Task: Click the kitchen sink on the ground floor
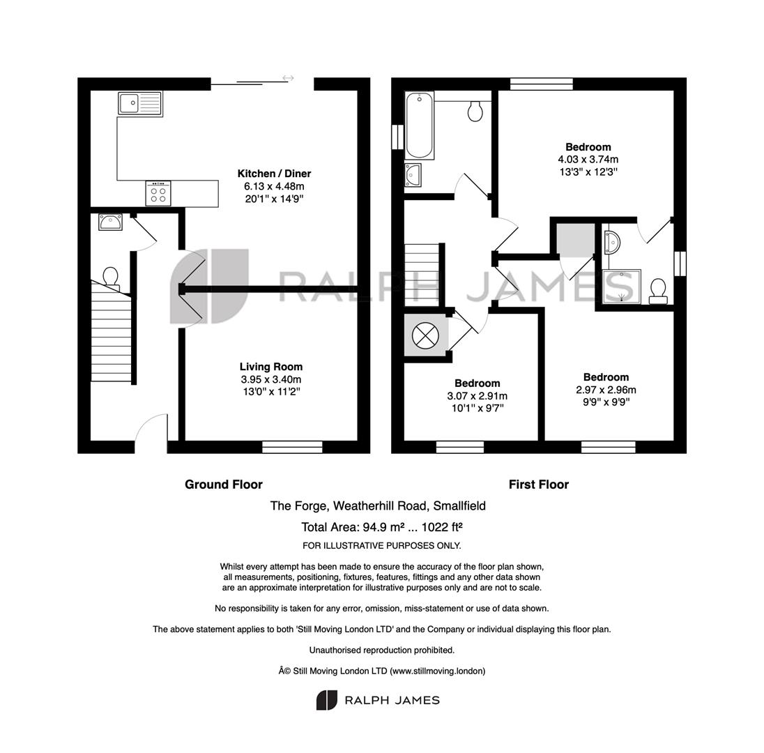140,104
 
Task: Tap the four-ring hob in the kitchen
158,193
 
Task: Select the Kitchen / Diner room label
274,174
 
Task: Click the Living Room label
271,367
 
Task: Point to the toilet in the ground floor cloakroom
111,277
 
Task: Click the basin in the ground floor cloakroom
110,222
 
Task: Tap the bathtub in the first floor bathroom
419,125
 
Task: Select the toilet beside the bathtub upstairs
475,111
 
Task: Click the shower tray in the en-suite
621,287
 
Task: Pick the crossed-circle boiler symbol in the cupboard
425,335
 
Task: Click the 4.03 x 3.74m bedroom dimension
588,160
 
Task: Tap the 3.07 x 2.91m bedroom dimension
477,396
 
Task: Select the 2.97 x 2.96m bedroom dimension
606,390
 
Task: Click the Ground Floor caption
224,485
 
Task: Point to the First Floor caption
539,485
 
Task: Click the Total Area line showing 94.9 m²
382,527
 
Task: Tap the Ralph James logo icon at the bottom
326,701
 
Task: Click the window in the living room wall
292,447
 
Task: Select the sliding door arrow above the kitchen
288,78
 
